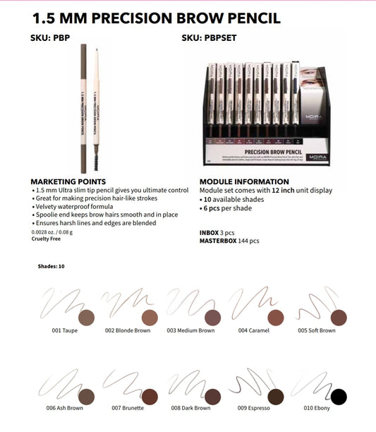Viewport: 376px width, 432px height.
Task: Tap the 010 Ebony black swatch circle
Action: tap(339, 397)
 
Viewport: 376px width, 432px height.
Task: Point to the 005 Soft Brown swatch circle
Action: tap(339, 318)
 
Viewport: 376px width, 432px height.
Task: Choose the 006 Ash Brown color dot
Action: tap(85, 397)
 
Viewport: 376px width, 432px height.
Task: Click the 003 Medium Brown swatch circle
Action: tap(212, 318)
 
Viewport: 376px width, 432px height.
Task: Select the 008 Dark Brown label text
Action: tap(190, 408)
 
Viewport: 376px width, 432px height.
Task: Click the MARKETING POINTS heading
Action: tap(68, 182)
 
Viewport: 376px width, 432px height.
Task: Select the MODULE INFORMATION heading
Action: tap(244, 182)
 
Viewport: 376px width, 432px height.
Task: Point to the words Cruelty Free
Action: tap(45, 239)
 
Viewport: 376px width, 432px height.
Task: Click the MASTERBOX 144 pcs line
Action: tap(229, 241)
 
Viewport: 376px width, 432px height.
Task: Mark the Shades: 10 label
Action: tap(51, 267)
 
